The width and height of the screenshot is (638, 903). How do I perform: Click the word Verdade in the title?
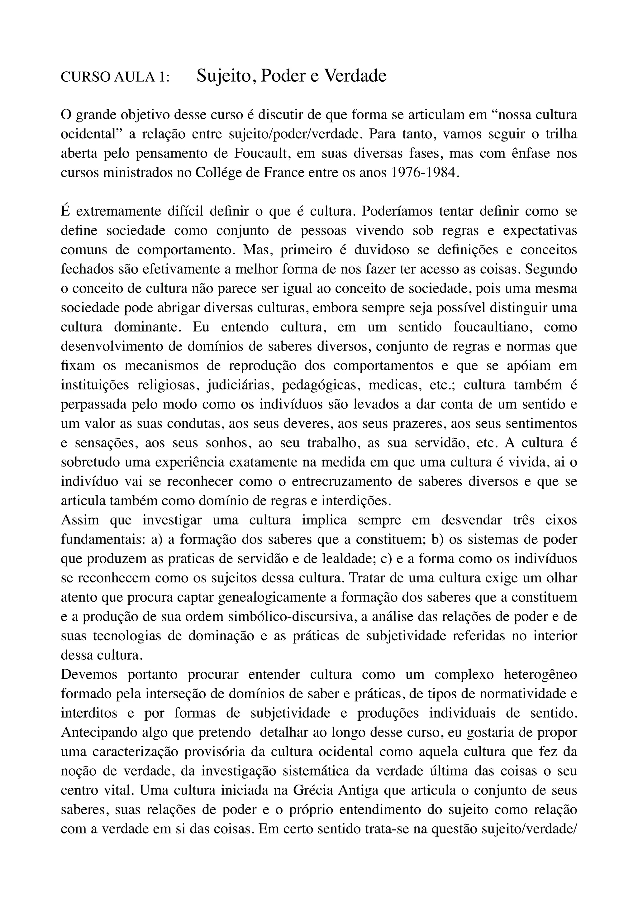point(355,76)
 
